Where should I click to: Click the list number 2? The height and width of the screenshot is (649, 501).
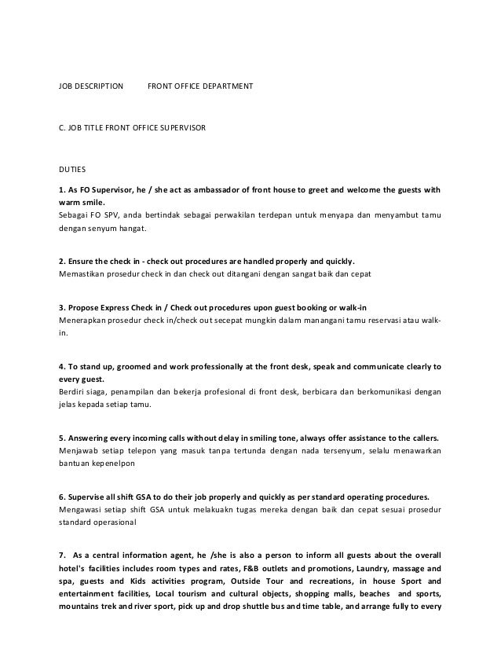click(x=61, y=260)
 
